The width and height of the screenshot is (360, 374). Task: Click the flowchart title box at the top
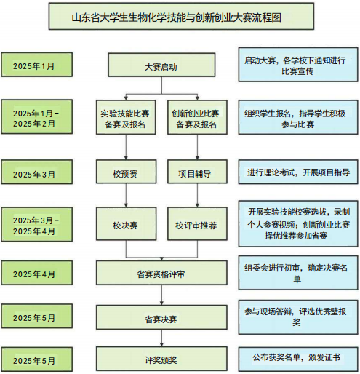coord(181,17)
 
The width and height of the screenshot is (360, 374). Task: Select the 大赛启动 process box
coord(161,65)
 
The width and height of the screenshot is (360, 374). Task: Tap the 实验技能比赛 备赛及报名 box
coord(126,117)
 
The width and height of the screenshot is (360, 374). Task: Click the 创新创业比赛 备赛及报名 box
coord(197,117)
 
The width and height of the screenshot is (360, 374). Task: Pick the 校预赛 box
coord(126,172)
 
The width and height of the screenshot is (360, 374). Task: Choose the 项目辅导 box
coord(197,172)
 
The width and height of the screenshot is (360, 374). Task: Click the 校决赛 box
coord(126,223)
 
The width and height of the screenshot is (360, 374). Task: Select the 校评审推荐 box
coord(197,223)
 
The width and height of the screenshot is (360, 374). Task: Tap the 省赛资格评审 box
coord(161,273)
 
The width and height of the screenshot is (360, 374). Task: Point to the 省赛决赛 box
coord(161,317)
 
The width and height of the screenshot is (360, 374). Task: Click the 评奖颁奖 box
coord(161,359)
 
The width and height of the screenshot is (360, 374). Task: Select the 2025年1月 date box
coord(36,65)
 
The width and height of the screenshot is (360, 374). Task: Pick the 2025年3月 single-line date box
coord(36,172)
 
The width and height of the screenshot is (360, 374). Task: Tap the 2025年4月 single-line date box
coord(36,273)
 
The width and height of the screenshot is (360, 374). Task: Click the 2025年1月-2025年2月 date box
coord(36,116)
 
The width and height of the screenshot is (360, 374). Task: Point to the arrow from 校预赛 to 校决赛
coord(126,195)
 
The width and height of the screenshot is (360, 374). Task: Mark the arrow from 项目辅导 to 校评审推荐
coord(197,195)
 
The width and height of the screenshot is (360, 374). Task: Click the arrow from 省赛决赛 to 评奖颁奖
coord(161,338)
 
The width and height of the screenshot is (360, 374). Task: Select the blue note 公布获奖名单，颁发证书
coord(298,359)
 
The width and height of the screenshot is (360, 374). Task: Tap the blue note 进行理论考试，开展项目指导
coord(298,172)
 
